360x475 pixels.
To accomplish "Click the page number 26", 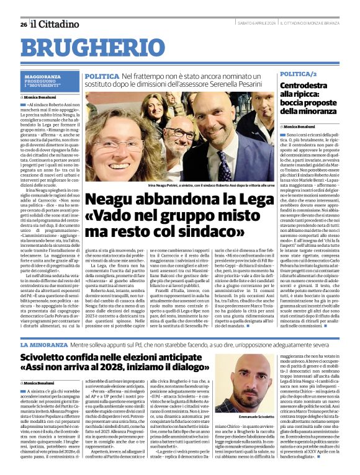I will tap(23, 24).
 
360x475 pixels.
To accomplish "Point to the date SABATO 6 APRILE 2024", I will tap(259, 23).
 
